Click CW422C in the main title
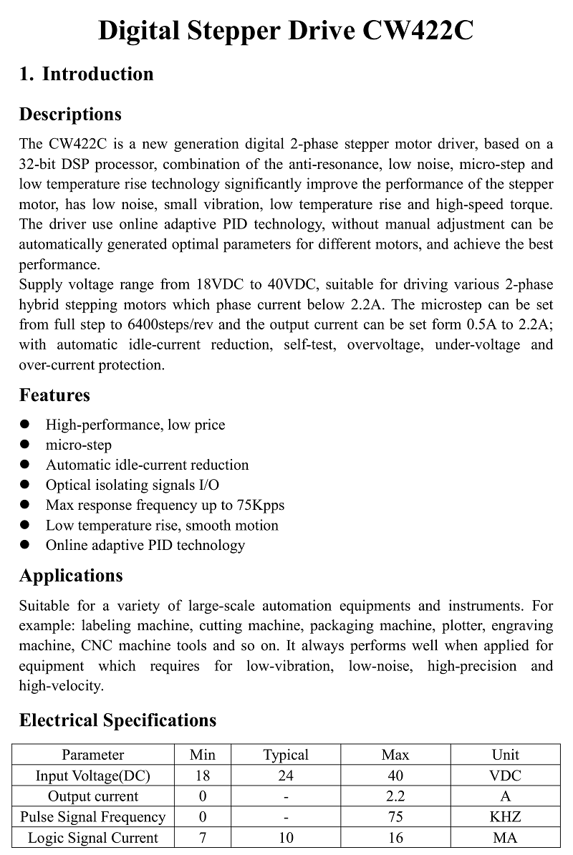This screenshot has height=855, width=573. [x=418, y=32]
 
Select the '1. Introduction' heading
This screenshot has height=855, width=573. [x=86, y=74]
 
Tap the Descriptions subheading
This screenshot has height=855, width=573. [x=70, y=115]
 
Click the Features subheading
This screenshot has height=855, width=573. [x=54, y=395]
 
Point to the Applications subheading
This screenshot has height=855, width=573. [x=71, y=576]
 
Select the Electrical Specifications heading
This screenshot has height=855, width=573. [x=117, y=720]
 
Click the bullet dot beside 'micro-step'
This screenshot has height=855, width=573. [x=25, y=445]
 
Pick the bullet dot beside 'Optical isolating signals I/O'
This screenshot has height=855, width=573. [x=25, y=485]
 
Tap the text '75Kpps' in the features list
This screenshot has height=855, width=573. [x=259, y=506]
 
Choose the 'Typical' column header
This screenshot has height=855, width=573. [x=286, y=755]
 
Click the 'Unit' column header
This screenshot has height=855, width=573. [x=506, y=755]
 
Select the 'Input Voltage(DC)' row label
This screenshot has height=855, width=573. [x=93, y=776]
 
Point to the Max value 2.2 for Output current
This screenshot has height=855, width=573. [x=395, y=796]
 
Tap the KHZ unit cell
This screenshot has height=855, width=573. [x=506, y=817]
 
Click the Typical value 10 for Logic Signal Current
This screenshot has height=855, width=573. [x=286, y=838]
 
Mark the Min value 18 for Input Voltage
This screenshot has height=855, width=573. [x=203, y=776]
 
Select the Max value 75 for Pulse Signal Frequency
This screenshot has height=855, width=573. [x=395, y=817]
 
